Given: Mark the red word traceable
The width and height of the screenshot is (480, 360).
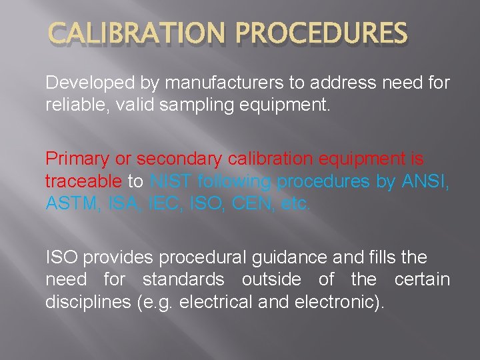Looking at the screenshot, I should click(84, 181).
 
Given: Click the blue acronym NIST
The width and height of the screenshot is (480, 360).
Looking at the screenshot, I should click(171, 181).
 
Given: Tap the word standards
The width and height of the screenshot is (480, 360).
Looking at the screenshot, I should click(183, 279).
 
